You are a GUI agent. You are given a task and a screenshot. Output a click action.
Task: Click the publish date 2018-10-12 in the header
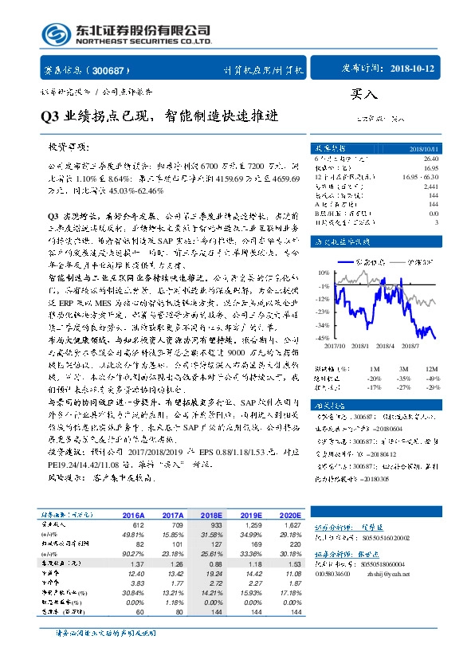[x=414, y=69]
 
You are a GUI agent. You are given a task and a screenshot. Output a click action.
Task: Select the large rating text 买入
[x=363, y=94]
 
